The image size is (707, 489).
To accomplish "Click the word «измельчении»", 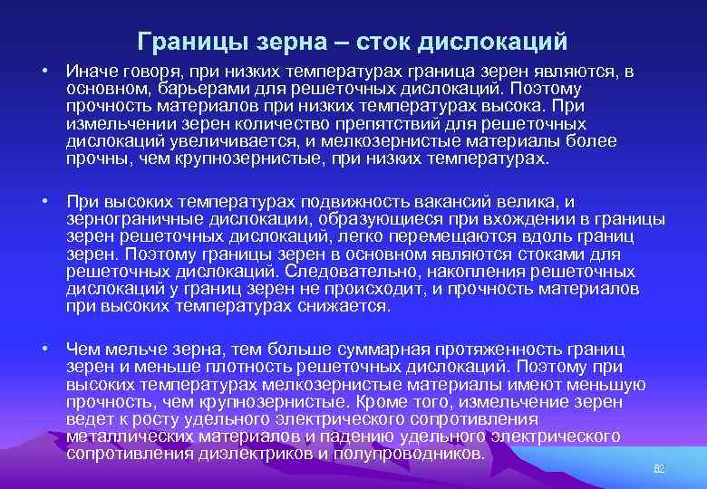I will pos(113,125).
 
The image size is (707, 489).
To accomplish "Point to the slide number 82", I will pos(659,468).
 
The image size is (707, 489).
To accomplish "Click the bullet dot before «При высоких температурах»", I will pos(45,202).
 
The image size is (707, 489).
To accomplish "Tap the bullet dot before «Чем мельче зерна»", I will pos(45,350).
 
